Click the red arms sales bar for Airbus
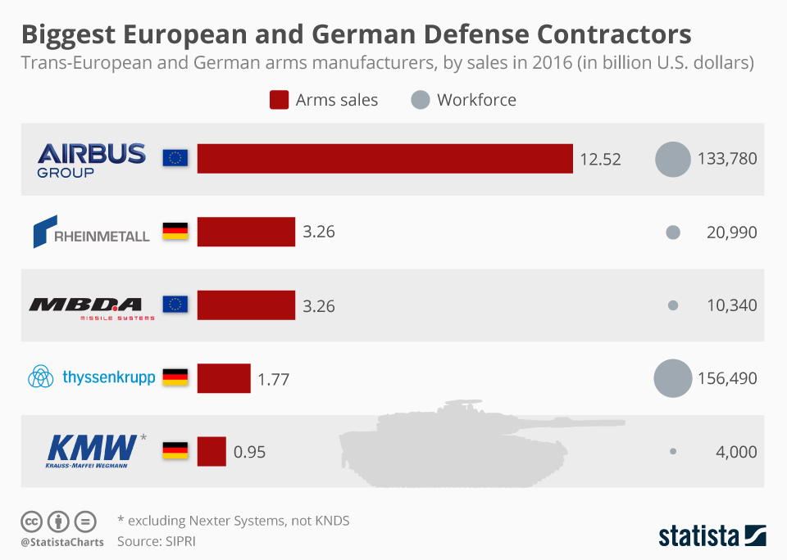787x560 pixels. click(384, 159)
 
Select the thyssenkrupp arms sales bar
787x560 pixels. click(224, 378)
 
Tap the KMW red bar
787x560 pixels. click(212, 451)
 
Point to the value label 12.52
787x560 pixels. click(600, 159)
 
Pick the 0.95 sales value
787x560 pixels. click(249, 452)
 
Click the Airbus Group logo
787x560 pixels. click(91, 159)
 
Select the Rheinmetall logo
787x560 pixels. click(91, 232)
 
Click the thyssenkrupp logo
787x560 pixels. click(91, 377)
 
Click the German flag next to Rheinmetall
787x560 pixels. click(175, 232)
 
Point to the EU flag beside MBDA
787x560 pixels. click(175, 305)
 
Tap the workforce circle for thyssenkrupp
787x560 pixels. click(673, 378)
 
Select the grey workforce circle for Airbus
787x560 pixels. click(673, 159)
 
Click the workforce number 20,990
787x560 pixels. click(731, 233)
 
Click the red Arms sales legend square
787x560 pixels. click(279, 100)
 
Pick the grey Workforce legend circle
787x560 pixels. click(420, 100)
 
